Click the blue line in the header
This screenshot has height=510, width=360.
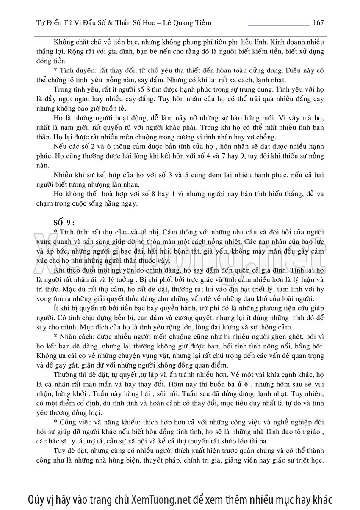(279, 26)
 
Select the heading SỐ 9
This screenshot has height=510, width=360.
(63, 223)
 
